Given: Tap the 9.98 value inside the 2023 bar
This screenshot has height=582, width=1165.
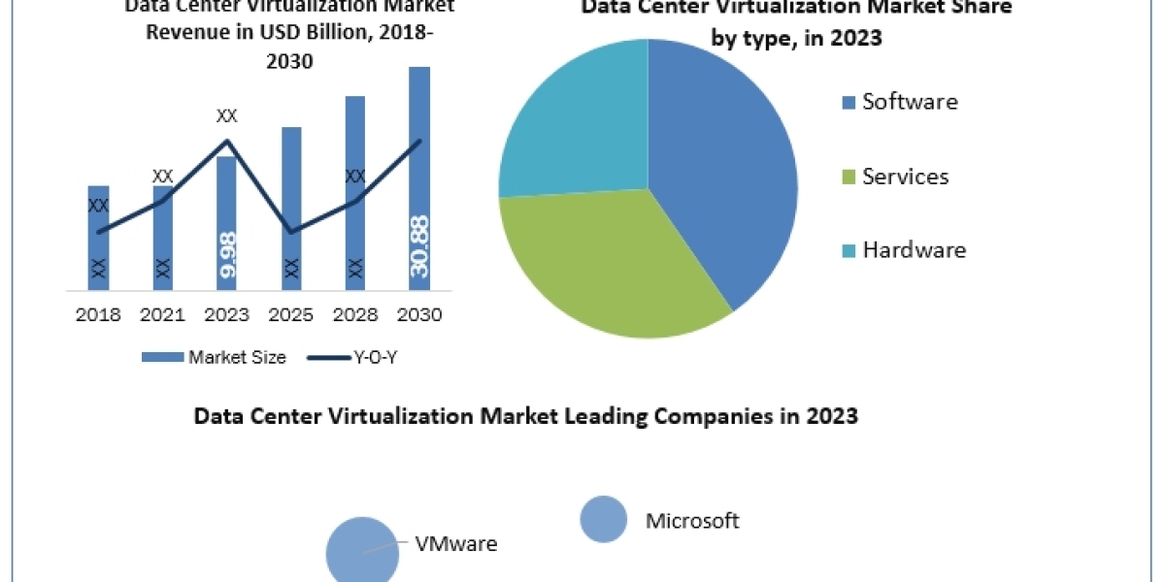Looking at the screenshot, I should pyautogui.click(x=227, y=257).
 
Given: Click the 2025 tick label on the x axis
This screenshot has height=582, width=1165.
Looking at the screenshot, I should pyautogui.click(x=291, y=315).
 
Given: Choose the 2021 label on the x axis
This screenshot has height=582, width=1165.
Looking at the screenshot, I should pyautogui.click(x=162, y=315).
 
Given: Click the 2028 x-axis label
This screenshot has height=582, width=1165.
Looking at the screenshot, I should pyautogui.click(x=355, y=315).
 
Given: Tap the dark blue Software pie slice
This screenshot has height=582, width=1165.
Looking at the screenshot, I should pyautogui.click(x=718, y=165).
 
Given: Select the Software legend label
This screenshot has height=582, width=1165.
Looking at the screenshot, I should pyautogui.click(x=910, y=102).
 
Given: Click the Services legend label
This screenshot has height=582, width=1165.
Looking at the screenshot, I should pyautogui.click(x=905, y=177).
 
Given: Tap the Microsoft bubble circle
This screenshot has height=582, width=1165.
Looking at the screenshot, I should pyautogui.click(x=604, y=519).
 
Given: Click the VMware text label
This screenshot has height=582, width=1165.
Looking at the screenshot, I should pyautogui.click(x=455, y=544).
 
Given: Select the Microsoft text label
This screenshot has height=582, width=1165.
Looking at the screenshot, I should pyautogui.click(x=692, y=521).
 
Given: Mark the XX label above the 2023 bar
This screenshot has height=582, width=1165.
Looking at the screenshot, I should pyautogui.click(x=226, y=116).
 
